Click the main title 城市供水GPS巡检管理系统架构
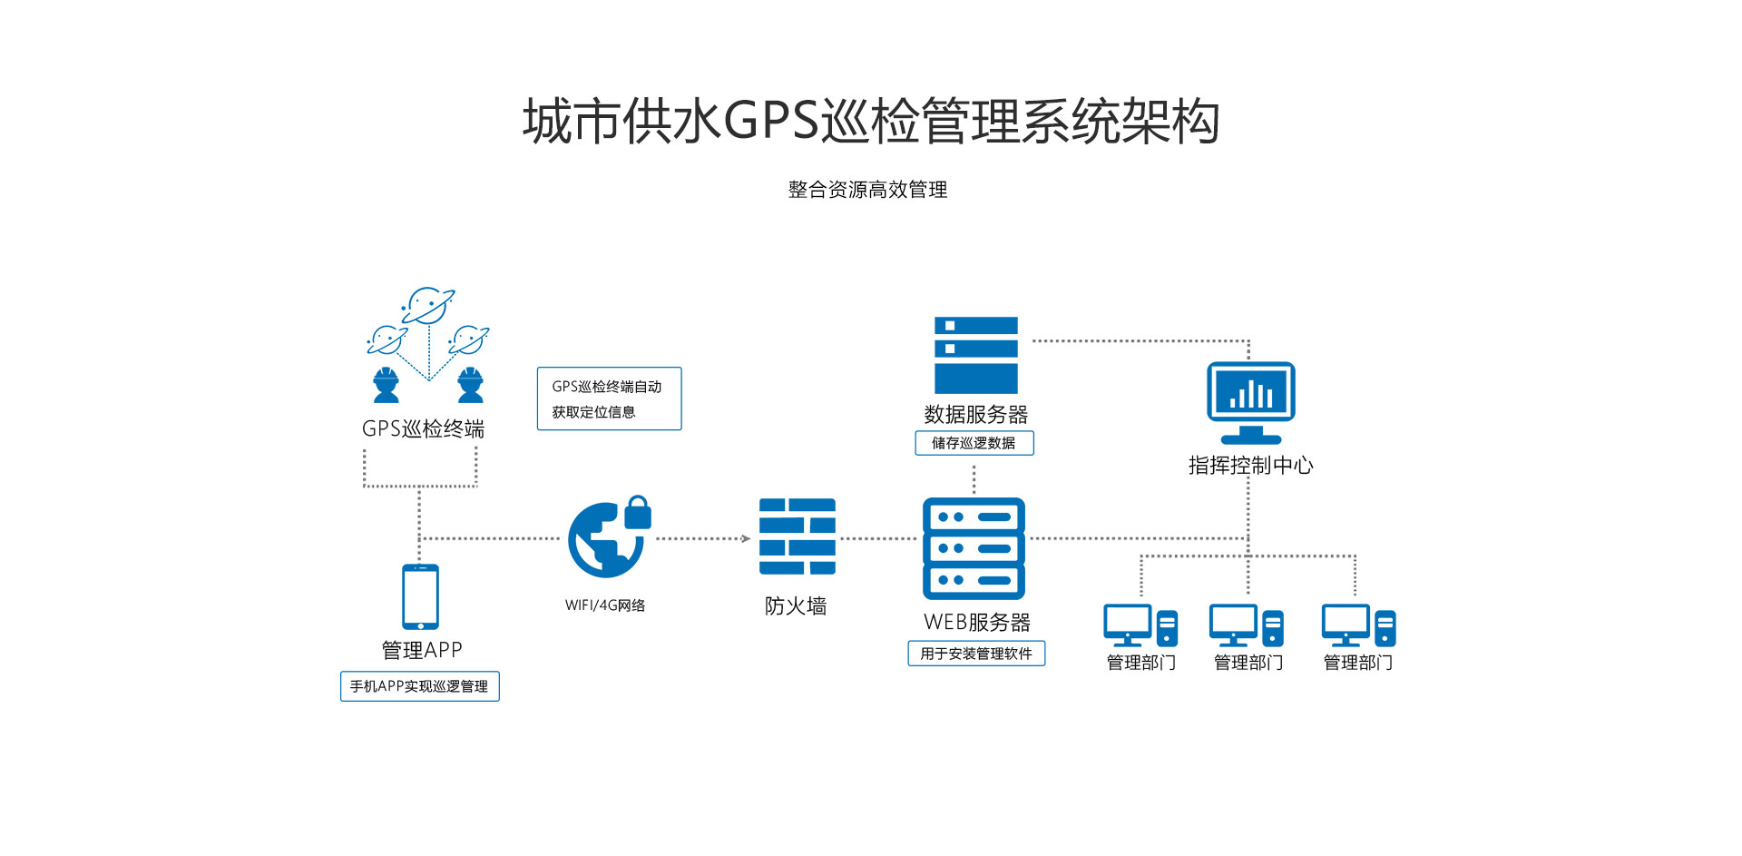[870, 122]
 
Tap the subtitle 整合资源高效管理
[867, 190]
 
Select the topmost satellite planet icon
[427, 306]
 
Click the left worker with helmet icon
[387, 385]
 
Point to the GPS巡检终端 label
[423, 428]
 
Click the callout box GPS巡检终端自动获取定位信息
[609, 398]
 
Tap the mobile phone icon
[420, 596]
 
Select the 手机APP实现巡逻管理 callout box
[419, 686]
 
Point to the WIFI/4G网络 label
[605, 605]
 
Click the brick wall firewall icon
[797, 536]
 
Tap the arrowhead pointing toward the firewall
[746, 539]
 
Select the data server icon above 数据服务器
[975, 355]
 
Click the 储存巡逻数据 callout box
[974, 443]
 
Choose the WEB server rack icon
[974, 548]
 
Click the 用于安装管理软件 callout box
[976, 654]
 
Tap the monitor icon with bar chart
[1250, 402]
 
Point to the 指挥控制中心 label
[1250, 466]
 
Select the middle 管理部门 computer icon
[1246, 625]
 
